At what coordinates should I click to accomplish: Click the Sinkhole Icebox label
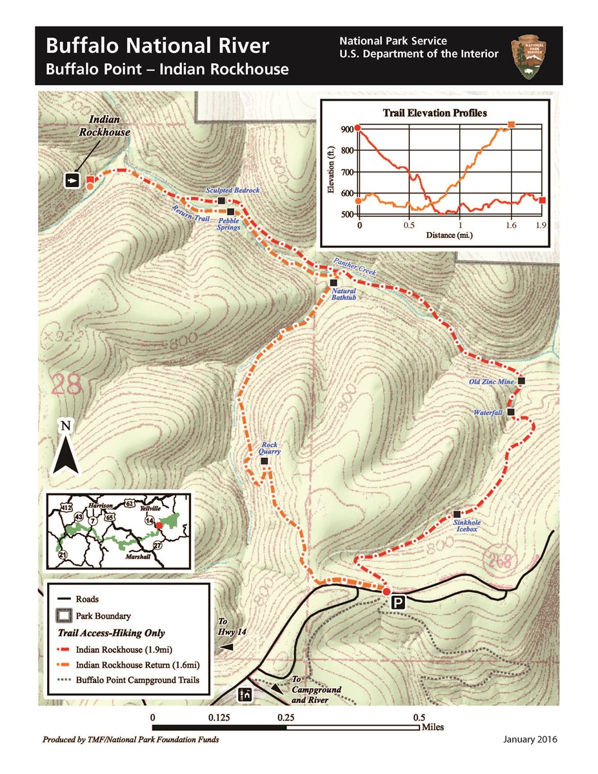466,526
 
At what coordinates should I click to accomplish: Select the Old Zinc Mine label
492,382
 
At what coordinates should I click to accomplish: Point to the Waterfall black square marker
511,412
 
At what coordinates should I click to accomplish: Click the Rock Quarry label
270,448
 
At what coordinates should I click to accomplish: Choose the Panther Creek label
354,267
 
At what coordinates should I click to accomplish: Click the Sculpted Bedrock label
232,191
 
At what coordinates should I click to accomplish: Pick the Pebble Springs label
229,224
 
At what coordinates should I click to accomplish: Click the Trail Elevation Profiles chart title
435,113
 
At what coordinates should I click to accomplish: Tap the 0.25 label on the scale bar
286,717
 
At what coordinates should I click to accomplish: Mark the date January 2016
530,739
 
